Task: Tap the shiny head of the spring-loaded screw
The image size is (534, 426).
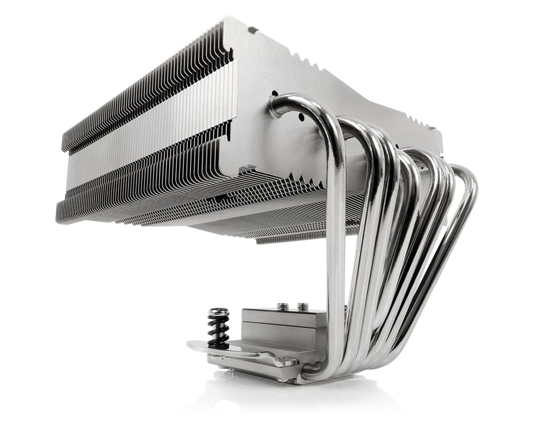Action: tap(218, 313)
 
